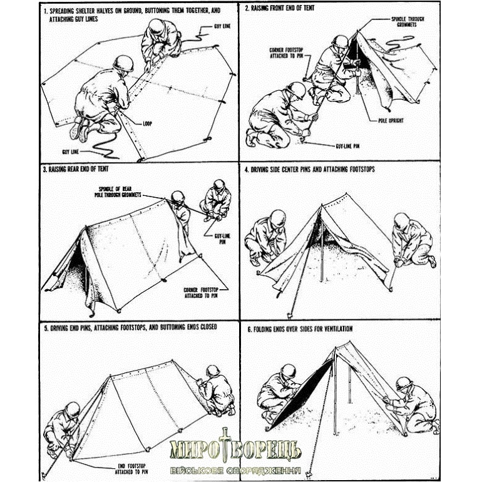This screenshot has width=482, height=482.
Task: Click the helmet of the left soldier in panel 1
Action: [123, 63]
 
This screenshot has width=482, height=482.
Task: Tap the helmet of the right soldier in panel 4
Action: [402, 220]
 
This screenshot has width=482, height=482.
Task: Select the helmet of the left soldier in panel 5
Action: [72, 409]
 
